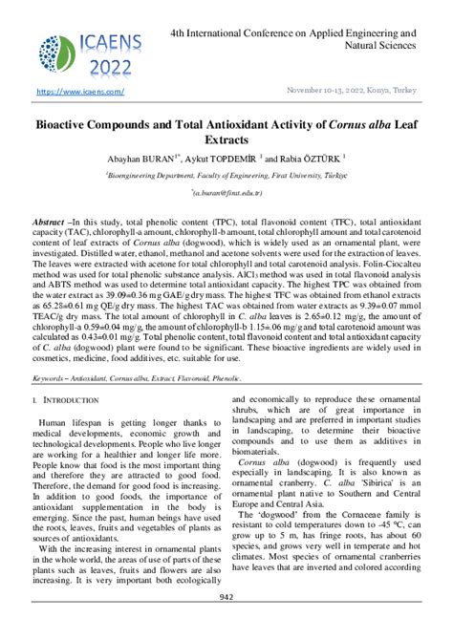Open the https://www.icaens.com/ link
pyautogui.click(x=80, y=92)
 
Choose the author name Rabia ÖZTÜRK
pyautogui.click(x=307, y=158)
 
